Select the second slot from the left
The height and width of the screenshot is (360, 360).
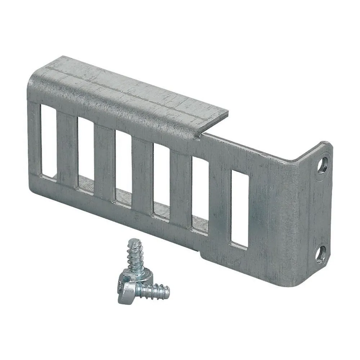86,153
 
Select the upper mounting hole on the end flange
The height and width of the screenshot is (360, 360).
323,166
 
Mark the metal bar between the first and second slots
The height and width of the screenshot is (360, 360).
67,149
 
